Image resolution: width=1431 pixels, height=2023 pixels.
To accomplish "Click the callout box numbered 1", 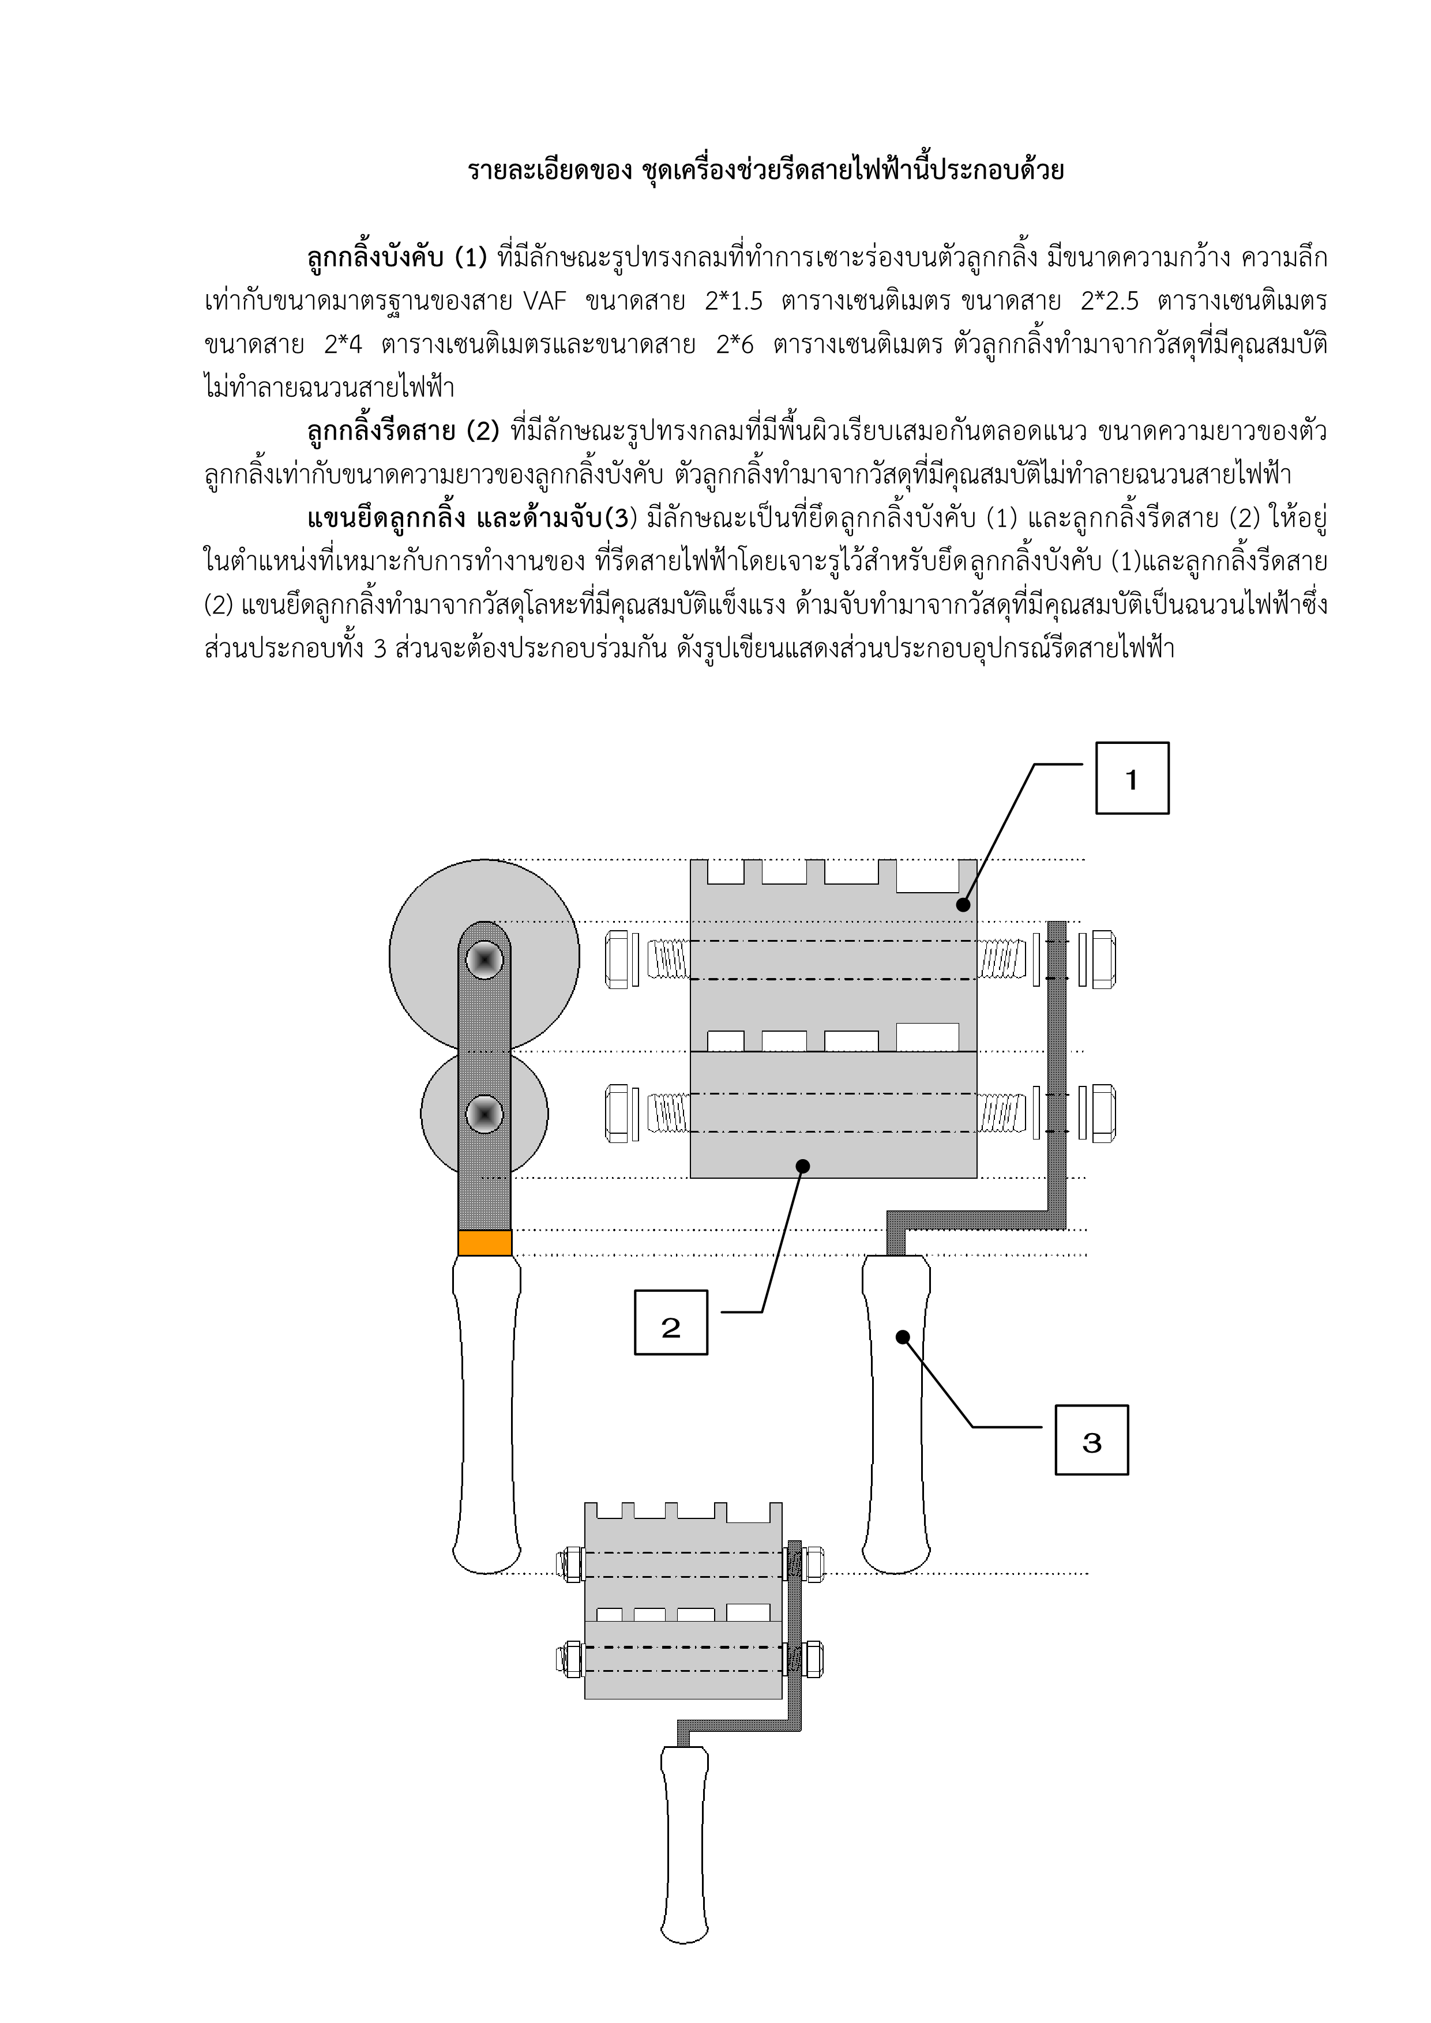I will [x=1132, y=778].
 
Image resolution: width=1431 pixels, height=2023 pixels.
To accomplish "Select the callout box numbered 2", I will [x=671, y=1322].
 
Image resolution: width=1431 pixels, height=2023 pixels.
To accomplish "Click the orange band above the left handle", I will [x=484, y=1242].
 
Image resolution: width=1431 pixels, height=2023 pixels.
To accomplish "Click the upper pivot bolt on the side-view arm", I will [x=484, y=960].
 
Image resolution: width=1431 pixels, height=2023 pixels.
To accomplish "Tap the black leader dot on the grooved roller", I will [x=963, y=905].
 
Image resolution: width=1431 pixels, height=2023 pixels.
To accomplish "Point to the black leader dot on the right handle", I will [x=902, y=1337].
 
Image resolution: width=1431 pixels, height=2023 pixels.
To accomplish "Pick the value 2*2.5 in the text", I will [x=1109, y=302].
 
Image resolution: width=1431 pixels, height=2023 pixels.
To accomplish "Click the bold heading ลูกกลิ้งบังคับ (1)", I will [x=396, y=258].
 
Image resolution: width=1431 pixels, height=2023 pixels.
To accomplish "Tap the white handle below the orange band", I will [x=486, y=1410].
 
